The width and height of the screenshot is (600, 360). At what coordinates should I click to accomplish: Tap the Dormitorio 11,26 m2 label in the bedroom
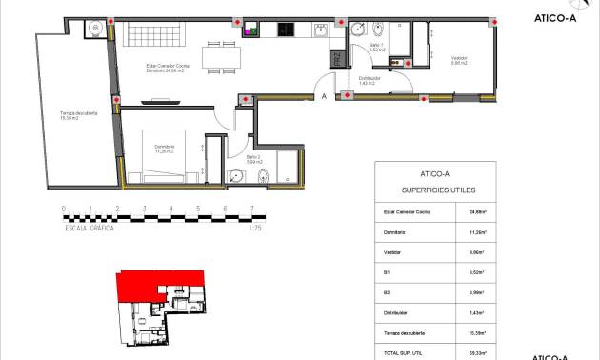pyautogui.click(x=158, y=150)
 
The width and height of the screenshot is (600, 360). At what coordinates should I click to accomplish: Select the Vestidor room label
pyautogui.click(x=458, y=62)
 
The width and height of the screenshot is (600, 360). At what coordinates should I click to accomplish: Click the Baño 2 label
pyautogui.click(x=253, y=159)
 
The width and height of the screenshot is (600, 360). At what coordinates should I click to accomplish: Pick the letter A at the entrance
pyautogui.click(x=324, y=96)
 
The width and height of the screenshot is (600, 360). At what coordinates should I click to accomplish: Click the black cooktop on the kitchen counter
pyautogui.click(x=284, y=30)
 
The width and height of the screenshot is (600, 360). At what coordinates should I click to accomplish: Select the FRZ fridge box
pyautogui.click(x=336, y=58)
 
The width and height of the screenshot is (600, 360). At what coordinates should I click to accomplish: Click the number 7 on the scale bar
pyautogui.click(x=251, y=209)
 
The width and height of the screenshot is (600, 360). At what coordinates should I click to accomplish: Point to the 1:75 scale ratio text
pyautogui.click(x=255, y=229)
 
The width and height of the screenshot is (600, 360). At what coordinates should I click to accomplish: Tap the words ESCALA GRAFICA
pyautogui.click(x=89, y=229)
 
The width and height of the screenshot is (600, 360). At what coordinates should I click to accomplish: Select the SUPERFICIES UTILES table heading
pyautogui.click(x=434, y=190)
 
